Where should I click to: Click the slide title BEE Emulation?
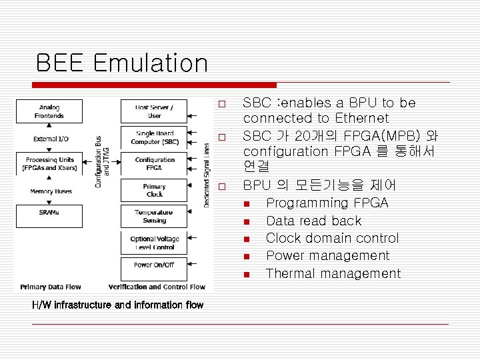122,63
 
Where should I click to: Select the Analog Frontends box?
49,111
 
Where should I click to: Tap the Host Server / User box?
154,111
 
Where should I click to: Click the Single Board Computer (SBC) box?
154,137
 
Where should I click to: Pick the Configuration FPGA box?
154,164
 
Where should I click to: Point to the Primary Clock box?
154,190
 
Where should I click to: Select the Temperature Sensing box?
154,216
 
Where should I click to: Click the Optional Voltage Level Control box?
154,243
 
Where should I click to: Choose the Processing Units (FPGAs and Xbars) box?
50,164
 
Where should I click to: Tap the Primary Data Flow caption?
51,287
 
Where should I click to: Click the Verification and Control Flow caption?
157,287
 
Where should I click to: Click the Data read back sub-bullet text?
313,221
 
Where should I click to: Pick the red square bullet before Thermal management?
246,274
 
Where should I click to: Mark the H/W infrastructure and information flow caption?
118,305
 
